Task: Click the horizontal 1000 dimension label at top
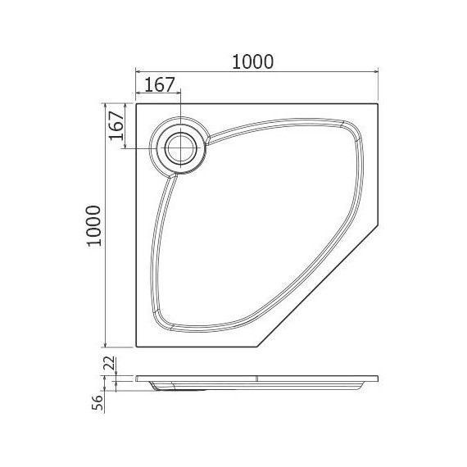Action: coord(252,62)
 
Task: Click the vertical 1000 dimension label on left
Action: coord(94,226)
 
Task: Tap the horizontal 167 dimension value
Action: coord(159,84)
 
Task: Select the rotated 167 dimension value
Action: coord(116,125)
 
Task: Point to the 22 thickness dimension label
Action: coord(111,363)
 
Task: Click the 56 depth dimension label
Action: coord(97,403)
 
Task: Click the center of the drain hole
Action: coord(180,148)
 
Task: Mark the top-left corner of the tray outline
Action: coord(136,104)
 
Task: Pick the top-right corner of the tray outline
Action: coord(378,104)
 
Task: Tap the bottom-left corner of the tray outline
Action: coord(136,347)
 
